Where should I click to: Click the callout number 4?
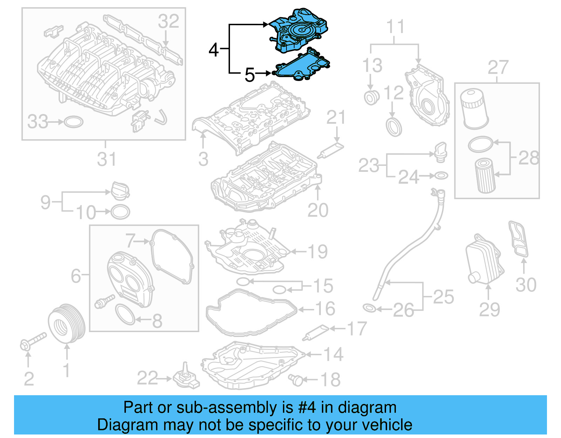(213, 50)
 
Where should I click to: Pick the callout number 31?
(106, 159)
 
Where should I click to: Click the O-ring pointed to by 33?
(74, 122)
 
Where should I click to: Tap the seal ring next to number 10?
(120, 212)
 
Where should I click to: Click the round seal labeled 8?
(125, 314)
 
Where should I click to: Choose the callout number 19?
(317, 251)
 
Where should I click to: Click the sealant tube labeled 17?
(316, 332)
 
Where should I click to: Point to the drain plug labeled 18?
(297, 380)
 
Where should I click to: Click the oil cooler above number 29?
(485, 260)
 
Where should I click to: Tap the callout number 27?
(498, 67)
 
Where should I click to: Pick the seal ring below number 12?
(394, 127)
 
